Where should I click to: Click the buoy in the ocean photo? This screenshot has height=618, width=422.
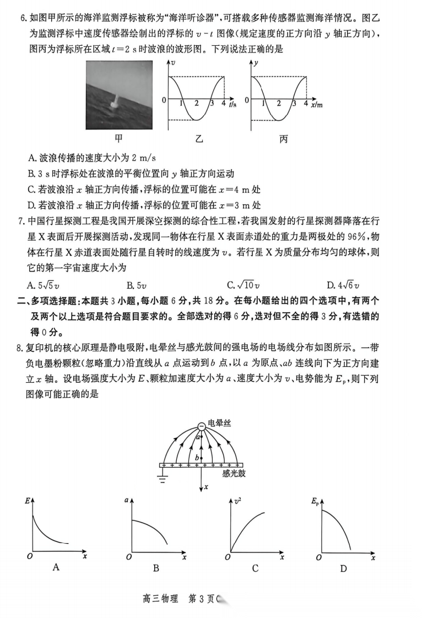(116, 101)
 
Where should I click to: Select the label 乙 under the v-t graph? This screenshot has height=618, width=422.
(199, 139)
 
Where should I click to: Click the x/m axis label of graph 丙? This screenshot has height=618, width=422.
(317, 104)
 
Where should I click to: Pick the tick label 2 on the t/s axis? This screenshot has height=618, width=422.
(197, 104)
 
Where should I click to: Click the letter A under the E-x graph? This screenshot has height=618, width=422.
(56, 567)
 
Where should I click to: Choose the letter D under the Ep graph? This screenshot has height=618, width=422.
(343, 568)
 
